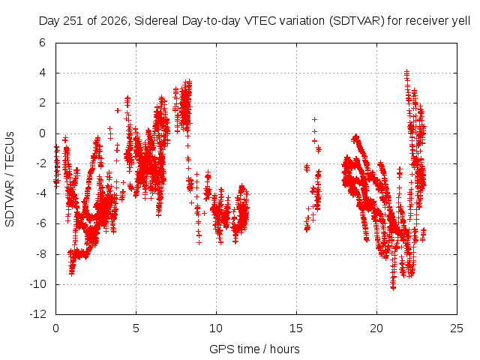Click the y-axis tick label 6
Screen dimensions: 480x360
(42, 43)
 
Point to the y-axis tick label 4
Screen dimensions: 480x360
(42, 73)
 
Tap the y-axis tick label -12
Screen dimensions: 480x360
(38, 314)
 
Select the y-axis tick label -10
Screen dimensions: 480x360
(38, 284)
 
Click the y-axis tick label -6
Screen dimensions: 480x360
(40, 223)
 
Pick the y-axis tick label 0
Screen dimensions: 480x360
(42, 133)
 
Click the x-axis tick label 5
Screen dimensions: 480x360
(136, 328)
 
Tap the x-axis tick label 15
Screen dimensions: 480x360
(296, 328)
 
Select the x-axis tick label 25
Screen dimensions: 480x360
(457, 328)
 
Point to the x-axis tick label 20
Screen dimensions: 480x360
(376, 328)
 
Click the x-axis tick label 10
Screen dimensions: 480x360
(216, 328)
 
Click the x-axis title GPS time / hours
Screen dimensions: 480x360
(254, 349)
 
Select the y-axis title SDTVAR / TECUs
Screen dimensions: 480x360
(10, 179)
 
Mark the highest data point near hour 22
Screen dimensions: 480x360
(406, 72)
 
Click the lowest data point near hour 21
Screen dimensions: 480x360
(393, 287)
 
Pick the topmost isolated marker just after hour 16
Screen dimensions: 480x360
(314, 119)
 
